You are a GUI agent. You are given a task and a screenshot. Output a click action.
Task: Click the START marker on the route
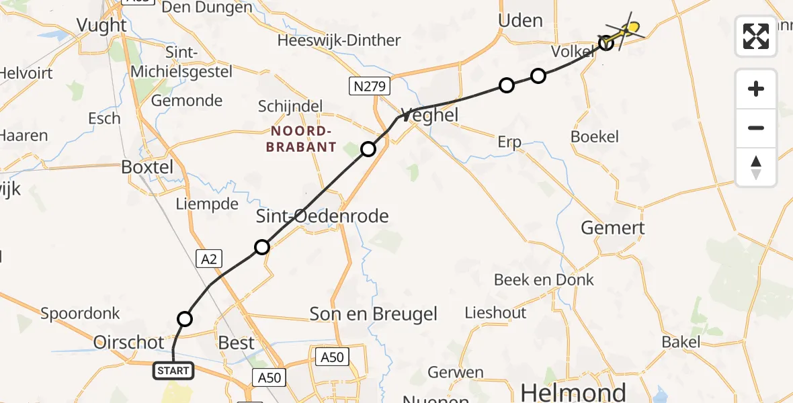174,370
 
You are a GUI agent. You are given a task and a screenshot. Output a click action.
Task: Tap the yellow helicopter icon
628,30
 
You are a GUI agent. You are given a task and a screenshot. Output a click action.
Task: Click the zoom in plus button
756,89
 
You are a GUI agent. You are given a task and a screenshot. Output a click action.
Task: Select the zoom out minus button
756,128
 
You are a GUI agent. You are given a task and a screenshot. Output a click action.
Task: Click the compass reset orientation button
756,167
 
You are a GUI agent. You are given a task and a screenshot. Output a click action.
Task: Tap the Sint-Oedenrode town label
323,216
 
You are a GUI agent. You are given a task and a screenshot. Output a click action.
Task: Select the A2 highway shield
208,258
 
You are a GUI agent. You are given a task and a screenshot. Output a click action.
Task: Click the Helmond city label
573,392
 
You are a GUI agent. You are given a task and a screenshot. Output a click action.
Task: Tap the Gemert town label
612,228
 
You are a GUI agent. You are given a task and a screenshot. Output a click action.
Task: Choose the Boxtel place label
147,167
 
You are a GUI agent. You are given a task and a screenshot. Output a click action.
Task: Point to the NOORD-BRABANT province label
300,138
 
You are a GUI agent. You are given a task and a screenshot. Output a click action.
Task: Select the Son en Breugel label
373,314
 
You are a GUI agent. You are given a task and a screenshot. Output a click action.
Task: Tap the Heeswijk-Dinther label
339,40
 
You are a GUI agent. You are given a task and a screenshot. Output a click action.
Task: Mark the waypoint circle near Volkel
606,43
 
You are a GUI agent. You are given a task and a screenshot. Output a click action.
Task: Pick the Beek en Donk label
544,279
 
